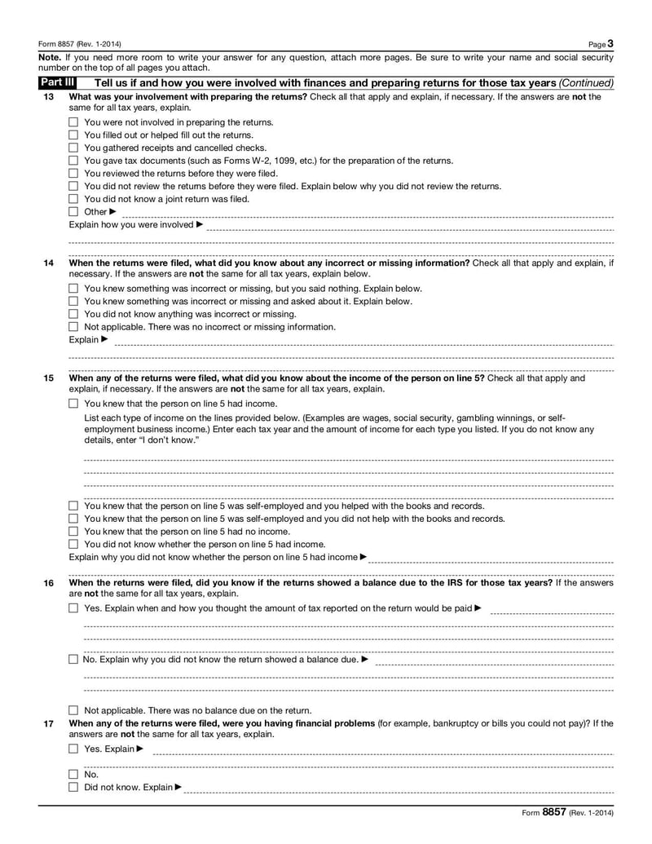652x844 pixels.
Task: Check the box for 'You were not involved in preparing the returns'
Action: [x=73, y=122]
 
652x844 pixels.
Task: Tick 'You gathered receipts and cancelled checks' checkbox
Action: [x=73, y=148]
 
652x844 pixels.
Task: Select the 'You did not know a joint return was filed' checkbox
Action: [x=73, y=198]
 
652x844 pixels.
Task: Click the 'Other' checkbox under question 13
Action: [x=73, y=211]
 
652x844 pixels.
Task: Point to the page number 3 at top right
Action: [x=610, y=43]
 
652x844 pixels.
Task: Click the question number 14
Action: [x=48, y=263]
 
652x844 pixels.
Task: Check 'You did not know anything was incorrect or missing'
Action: [x=73, y=314]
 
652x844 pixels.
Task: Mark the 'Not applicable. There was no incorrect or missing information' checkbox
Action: [x=73, y=326]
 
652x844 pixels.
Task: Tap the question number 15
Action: [x=48, y=378]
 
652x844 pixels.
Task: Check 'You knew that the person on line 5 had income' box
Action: [x=73, y=403]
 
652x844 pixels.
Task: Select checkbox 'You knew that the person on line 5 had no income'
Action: [x=73, y=531]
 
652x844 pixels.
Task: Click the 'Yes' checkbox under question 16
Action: [x=73, y=608]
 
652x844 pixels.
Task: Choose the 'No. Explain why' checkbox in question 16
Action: [x=73, y=659]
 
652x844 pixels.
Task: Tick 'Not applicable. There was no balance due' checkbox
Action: [x=73, y=710]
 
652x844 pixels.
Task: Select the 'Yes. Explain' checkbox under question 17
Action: [x=73, y=749]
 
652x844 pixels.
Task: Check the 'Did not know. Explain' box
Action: [x=73, y=787]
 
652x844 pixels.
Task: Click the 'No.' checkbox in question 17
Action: [x=73, y=775]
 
